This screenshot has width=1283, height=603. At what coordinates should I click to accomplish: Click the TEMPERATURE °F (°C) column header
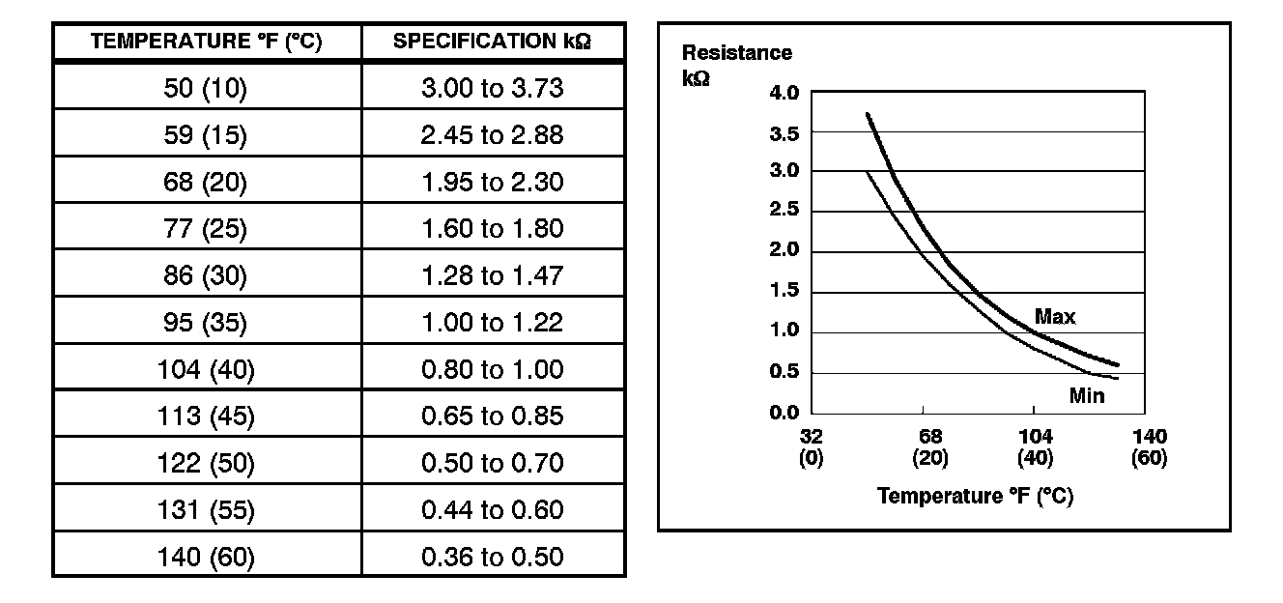pos(207,43)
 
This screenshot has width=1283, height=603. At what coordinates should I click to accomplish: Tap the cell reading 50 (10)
pos(207,89)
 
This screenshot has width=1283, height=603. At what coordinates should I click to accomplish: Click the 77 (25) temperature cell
pos(207,229)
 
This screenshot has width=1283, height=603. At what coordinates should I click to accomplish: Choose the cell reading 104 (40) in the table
pos(207,369)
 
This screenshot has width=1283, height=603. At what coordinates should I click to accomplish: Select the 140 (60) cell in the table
pos(207,557)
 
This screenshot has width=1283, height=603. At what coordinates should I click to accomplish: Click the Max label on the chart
pos(1055,316)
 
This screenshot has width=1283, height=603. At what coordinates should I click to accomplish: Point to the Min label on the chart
pos(1087,395)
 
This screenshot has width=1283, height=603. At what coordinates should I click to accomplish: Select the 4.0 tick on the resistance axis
pos(784,94)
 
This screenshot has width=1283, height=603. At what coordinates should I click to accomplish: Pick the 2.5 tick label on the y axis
pos(784,212)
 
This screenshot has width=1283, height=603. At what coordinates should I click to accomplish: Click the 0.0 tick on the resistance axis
pos(784,414)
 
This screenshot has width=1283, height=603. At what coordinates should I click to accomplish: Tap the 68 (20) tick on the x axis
pos(930,446)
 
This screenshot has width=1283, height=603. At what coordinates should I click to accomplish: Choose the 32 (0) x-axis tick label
pos(811,446)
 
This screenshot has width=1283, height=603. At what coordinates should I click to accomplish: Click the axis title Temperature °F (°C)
pos(975,496)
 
